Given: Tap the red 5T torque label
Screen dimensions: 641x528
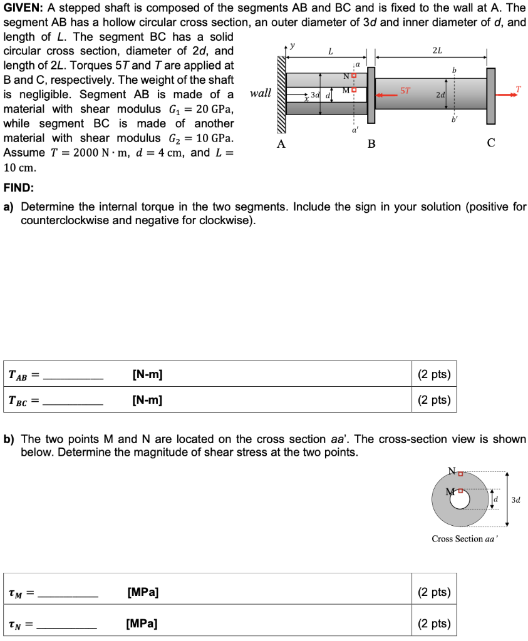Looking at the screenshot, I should tap(405, 90).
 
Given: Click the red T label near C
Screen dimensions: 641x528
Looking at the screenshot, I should tap(518, 89).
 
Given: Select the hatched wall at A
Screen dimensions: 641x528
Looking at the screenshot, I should tap(280, 95).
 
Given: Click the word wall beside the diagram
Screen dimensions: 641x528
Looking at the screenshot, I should tap(260, 93).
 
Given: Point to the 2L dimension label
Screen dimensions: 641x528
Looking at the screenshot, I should tap(437, 51).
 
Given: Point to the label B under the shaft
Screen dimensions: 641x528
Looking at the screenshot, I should tap(371, 143).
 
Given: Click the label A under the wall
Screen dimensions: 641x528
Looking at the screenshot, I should tap(281, 143).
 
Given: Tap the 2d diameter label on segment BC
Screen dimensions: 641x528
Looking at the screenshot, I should tap(440, 95).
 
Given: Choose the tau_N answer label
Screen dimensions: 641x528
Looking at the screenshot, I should tap(18, 623).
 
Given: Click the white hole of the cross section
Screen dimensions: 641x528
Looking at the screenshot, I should tap(460, 500).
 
